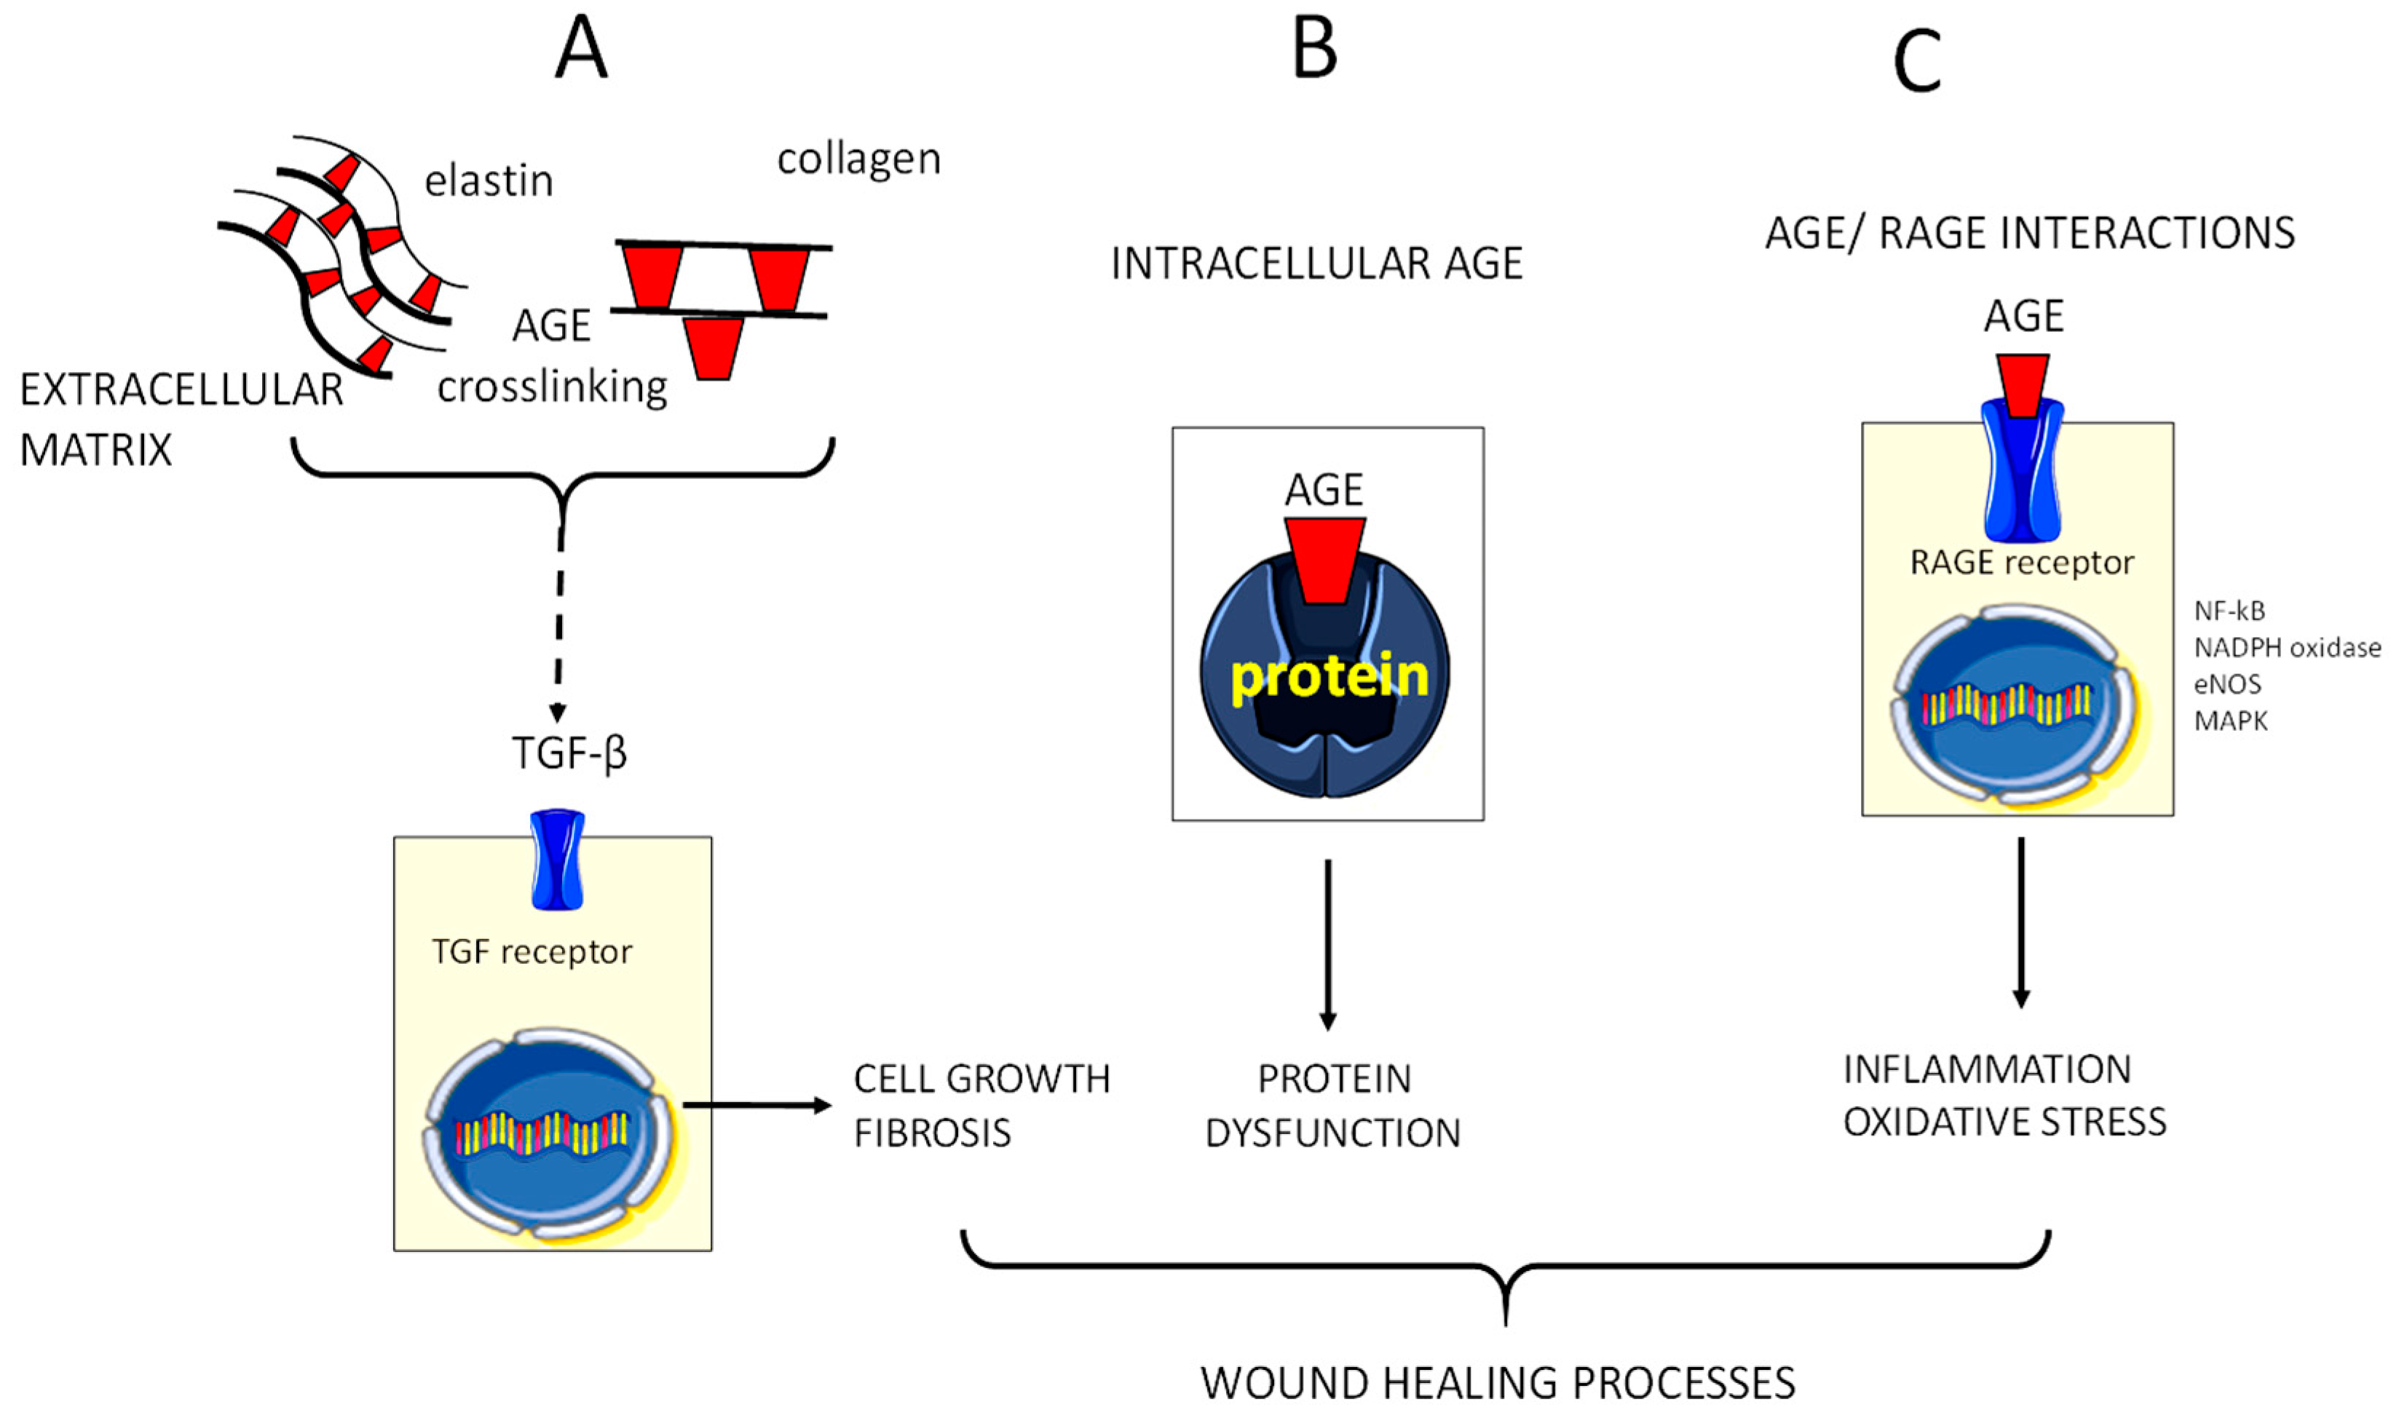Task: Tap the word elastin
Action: point(489,181)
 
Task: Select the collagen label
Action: point(858,159)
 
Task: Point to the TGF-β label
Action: point(569,753)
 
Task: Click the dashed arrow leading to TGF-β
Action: point(559,630)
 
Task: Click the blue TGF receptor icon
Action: point(557,860)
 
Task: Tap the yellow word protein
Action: point(1329,676)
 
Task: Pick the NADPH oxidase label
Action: point(2286,648)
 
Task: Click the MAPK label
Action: point(2230,721)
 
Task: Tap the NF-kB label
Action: point(2229,611)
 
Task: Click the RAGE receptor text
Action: point(2021,563)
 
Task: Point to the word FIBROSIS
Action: point(932,1133)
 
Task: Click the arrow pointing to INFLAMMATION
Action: point(2020,922)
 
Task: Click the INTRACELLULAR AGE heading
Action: point(1316,264)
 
